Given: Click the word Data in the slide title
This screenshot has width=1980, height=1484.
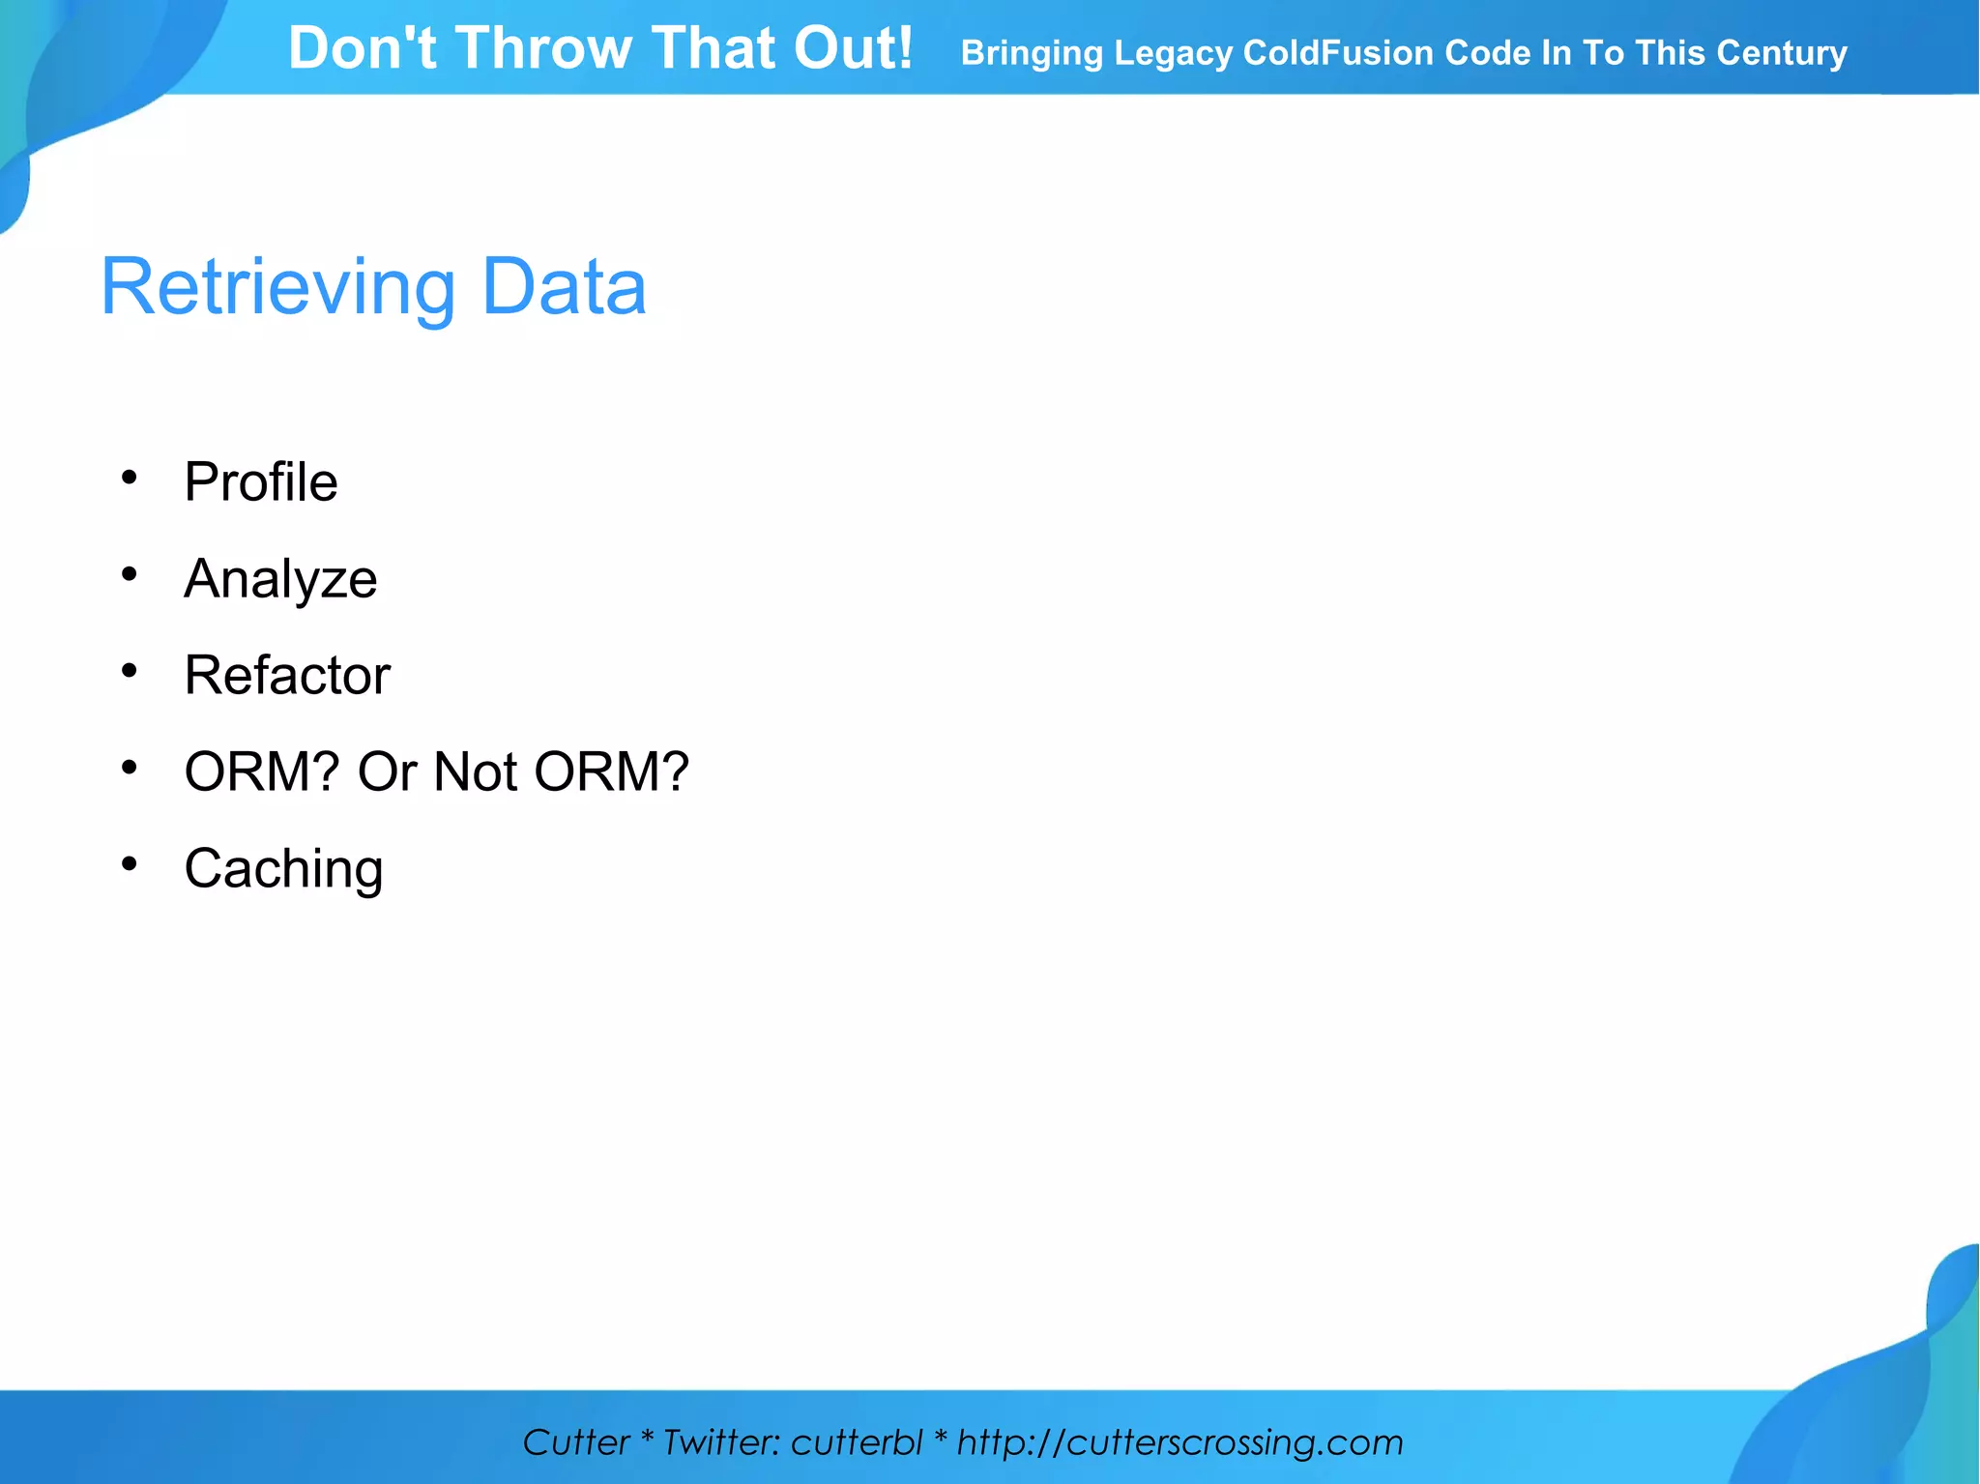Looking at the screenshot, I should coord(564,288).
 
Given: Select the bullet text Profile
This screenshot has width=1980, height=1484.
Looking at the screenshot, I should coord(261,481).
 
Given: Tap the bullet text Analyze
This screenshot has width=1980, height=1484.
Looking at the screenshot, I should coord(280,579).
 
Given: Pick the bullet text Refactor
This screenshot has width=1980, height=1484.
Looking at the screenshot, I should coord(287,675).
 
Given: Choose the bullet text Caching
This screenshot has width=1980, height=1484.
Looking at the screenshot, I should coord(283,868).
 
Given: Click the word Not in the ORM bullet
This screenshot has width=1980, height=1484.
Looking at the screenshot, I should coord(475,771).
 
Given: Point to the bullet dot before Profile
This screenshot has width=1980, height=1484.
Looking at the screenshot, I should coord(130,478).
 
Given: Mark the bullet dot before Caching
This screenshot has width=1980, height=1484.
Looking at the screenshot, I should coord(130,863).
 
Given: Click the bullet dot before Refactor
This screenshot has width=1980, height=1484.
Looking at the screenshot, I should coord(130,670).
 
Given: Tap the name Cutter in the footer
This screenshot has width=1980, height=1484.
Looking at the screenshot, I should coord(576,1442).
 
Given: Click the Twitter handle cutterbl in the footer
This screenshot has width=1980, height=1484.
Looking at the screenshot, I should coord(857,1442).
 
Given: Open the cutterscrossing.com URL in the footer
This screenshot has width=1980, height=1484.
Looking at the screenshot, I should coord(1179,1442).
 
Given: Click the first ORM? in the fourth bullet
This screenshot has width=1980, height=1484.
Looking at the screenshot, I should coord(262,771).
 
